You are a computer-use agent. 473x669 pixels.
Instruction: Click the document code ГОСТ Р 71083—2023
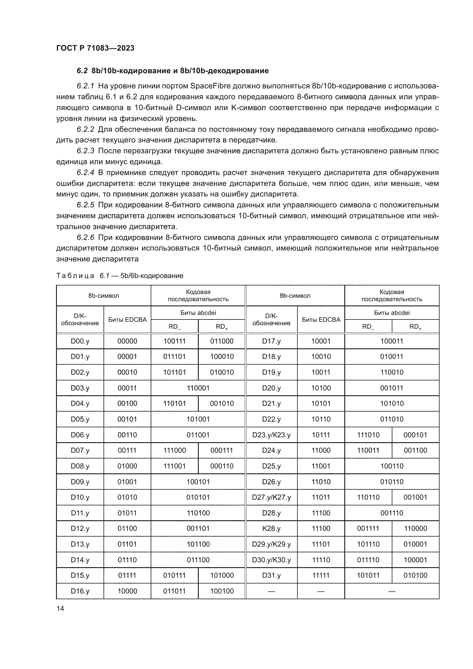tap(95, 48)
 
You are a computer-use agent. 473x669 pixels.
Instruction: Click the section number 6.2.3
tap(85, 151)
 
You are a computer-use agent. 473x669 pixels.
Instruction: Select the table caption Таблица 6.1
tap(82, 276)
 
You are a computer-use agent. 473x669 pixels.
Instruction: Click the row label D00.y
tap(80, 341)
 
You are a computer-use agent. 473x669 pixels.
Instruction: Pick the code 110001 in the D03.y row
tap(198, 388)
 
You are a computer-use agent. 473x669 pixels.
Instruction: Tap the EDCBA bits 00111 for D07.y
tap(127, 450)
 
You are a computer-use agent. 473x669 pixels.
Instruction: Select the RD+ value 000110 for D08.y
tap(222, 466)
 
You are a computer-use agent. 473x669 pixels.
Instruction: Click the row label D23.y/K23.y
tap(271, 435)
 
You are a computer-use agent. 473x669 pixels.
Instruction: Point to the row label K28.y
tap(271, 529)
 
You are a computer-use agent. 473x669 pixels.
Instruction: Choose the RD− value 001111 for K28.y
tap(368, 529)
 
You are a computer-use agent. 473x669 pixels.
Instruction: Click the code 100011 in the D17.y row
tap(392, 341)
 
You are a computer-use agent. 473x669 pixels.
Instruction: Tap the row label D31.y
tap(271, 575)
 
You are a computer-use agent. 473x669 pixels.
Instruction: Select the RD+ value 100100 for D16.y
tap(222, 591)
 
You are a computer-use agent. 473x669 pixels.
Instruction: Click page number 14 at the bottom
tap(60, 609)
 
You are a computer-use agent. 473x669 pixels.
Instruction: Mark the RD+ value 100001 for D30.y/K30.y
tap(415, 560)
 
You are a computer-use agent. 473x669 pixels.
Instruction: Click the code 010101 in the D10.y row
tap(198, 497)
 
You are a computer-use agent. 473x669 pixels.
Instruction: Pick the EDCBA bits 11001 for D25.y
tap(321, 466)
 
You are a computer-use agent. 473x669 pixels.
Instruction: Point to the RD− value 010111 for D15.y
tap(174, 575)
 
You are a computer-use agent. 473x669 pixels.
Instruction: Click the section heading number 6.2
tap(82, 71)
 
